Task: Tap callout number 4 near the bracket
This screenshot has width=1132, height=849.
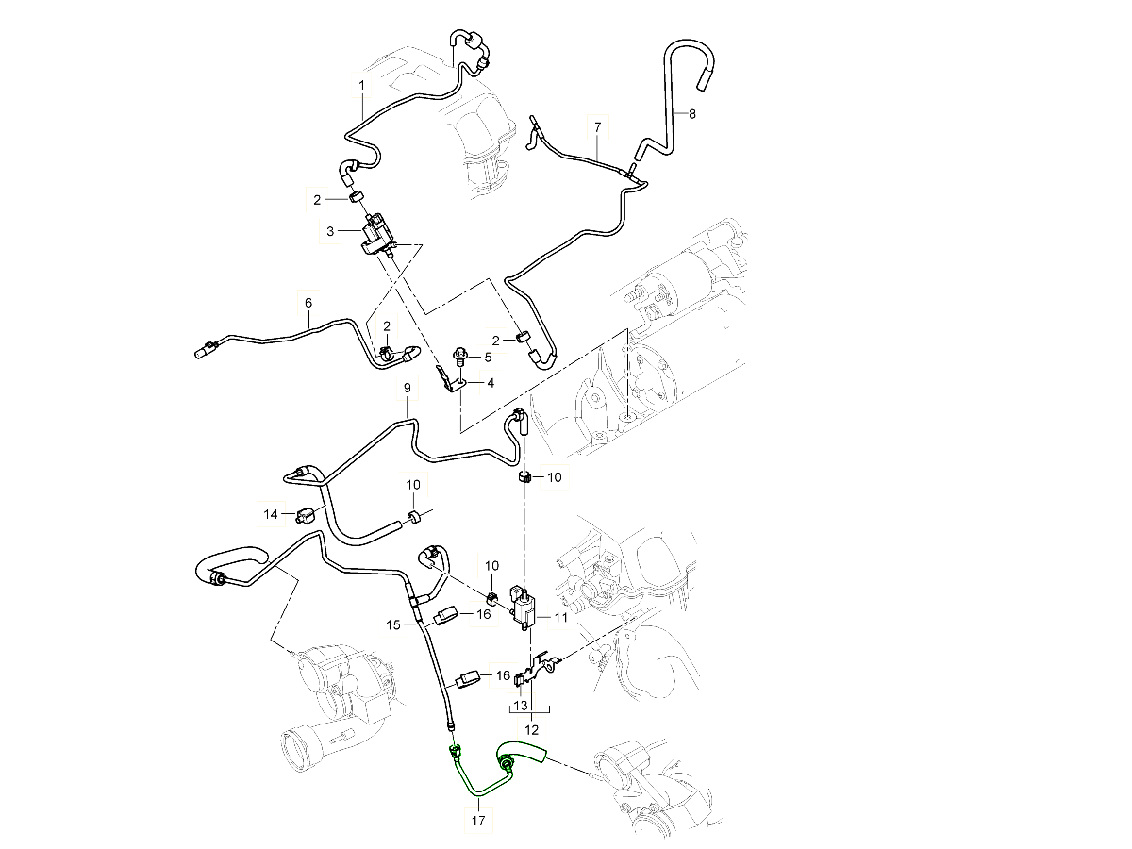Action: [x=491, y=382]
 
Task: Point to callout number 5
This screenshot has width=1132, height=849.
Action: [x=488, y=358]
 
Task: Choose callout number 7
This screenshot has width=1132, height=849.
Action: [x=596, y=125]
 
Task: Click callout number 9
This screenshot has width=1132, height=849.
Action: [x=408, y=388]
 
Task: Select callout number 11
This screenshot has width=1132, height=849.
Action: [x=561, y=618]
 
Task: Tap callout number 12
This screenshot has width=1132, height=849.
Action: [x=531, y=729]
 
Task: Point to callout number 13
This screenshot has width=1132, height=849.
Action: [x=520, y=706]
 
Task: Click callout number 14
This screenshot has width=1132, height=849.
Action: [x=272, y=514]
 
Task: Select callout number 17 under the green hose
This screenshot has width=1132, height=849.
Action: [x=478, y=822]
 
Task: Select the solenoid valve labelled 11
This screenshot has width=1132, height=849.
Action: [x=524, y=604]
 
